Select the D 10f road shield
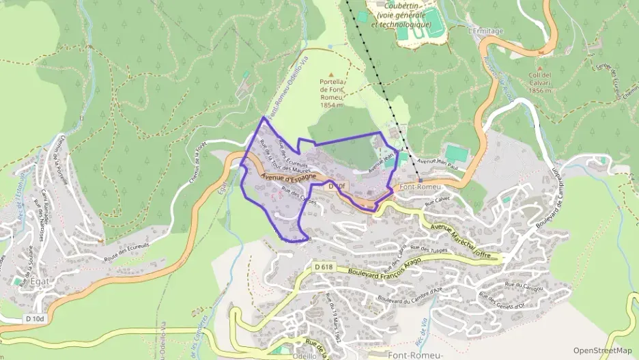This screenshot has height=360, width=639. (x=337, y=185)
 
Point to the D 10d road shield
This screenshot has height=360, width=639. (x=34, y=318)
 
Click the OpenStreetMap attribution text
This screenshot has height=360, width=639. (x=602, y=350)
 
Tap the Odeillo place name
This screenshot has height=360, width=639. (x=304, y=355)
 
